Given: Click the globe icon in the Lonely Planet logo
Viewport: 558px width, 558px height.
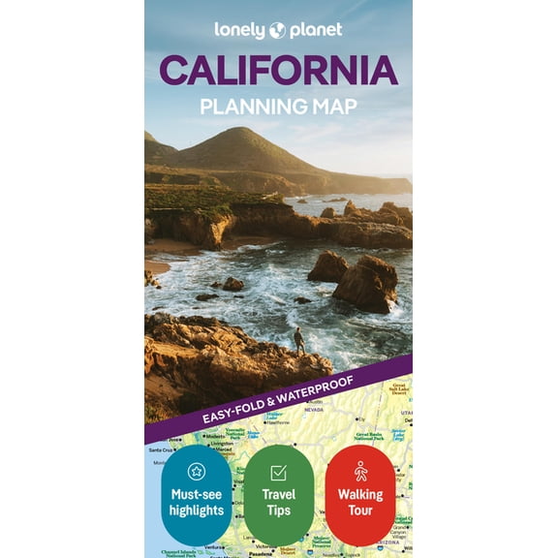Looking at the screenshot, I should coord(278,30).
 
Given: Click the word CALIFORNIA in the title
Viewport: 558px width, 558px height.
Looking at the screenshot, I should coord(279,71).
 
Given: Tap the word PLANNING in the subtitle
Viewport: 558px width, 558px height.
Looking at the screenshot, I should coord(247,107).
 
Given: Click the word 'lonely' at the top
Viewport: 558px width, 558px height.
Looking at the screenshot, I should coord(240,30).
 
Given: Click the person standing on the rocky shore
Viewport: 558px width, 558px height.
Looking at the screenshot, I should coord(298,339).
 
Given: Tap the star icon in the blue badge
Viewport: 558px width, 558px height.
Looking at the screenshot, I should coord(197,472).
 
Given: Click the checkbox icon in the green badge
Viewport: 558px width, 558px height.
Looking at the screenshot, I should coord(278,473).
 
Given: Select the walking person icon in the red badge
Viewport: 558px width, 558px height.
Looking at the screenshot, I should coord(360,472).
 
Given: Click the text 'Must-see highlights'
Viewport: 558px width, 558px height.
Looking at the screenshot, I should coord(197,503).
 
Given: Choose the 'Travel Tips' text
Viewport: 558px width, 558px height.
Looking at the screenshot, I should coord(278,503).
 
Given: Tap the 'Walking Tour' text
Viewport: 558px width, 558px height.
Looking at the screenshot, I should coord(360,503).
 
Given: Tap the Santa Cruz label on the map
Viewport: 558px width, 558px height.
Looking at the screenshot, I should coord(161,449).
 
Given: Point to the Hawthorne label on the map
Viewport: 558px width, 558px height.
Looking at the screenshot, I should coord(279,422).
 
